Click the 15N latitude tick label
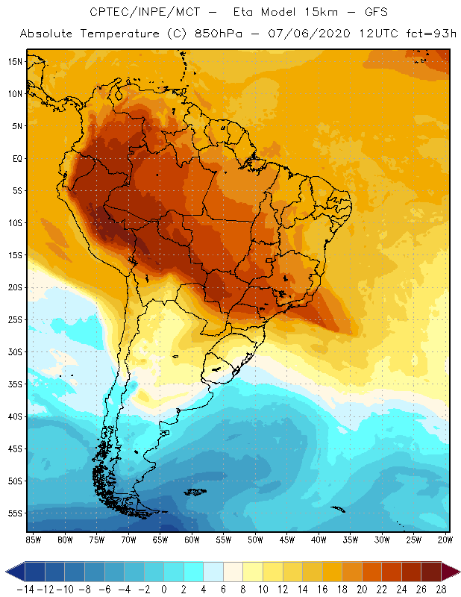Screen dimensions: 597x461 pos(15,62)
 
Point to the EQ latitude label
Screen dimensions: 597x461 pos(15,158)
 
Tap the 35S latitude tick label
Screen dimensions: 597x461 pos(15,384)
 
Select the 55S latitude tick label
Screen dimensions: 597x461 pos(15,513)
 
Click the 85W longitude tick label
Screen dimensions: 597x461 pos(33,539)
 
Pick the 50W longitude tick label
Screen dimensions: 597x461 pos(256,539)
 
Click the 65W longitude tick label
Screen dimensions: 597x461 pos(160,539)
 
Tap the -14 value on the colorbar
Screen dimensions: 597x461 pos(25,590)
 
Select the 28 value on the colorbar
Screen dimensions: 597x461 pos(442,590)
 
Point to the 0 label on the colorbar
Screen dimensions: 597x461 pos(164,590)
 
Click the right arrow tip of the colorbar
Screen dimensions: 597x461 pos(457,572)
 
